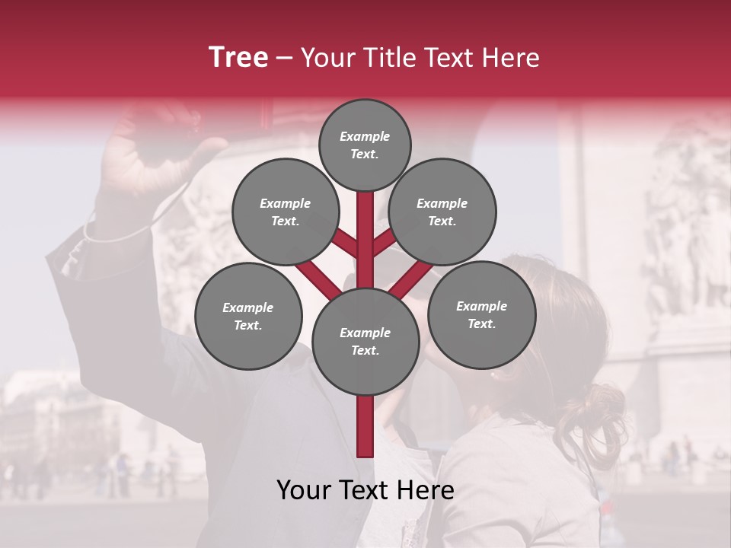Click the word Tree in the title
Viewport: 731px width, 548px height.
point(238,57)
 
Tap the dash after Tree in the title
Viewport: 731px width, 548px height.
point(284,59)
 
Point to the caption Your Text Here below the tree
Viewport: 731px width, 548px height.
point(365,490)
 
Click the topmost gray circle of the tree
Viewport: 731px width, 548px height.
point(365,145)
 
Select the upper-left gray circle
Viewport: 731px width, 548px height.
point(285,212)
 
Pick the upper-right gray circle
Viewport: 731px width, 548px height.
point(442,212)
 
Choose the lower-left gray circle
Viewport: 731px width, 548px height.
point(248,316)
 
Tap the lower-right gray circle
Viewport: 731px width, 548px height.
point(481,314)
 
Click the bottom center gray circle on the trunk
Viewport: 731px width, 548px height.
point(365,341)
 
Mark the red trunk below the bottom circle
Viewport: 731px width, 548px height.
point(365,426)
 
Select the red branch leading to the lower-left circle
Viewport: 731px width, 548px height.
point(318,279)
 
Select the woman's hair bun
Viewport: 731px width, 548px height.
point(602,415)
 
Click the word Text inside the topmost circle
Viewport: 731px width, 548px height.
point(365,154)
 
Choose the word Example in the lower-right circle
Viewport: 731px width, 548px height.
point(481,306)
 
